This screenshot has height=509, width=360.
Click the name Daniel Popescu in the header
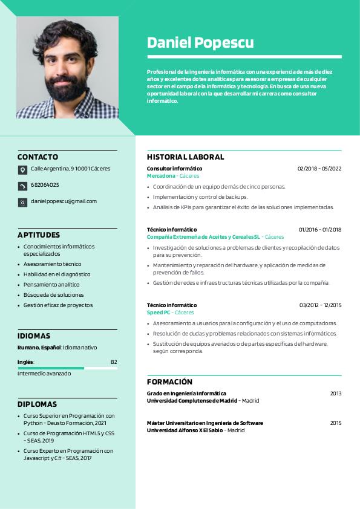[x=200, y=42]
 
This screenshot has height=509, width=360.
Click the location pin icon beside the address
[x=22, y=170]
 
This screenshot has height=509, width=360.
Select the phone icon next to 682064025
[x=22, y=186]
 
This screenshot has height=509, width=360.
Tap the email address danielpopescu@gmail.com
[x=64, y=201]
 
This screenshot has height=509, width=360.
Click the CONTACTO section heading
[x=38, y=157]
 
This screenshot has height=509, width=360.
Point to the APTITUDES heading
[x=39, y=235]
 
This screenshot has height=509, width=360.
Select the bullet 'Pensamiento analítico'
[x=51, y=285]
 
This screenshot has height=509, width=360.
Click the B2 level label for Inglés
[x=114, y=362]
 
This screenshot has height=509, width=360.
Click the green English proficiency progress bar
[x=51, y=368]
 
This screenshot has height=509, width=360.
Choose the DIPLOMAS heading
[x=37, y=404]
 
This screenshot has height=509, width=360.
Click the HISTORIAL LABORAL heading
[x=185, y=157]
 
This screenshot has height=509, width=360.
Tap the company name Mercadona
[x=161, y=176]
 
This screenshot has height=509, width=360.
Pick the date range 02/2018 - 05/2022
[x=319, y=169]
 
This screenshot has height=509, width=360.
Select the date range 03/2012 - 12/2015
[x=320, y=305]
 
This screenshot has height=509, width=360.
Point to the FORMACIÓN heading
[x=169, y=381]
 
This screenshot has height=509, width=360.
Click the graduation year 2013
[x=336, y=394]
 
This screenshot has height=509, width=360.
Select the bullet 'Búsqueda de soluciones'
[x=53, y=295]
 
